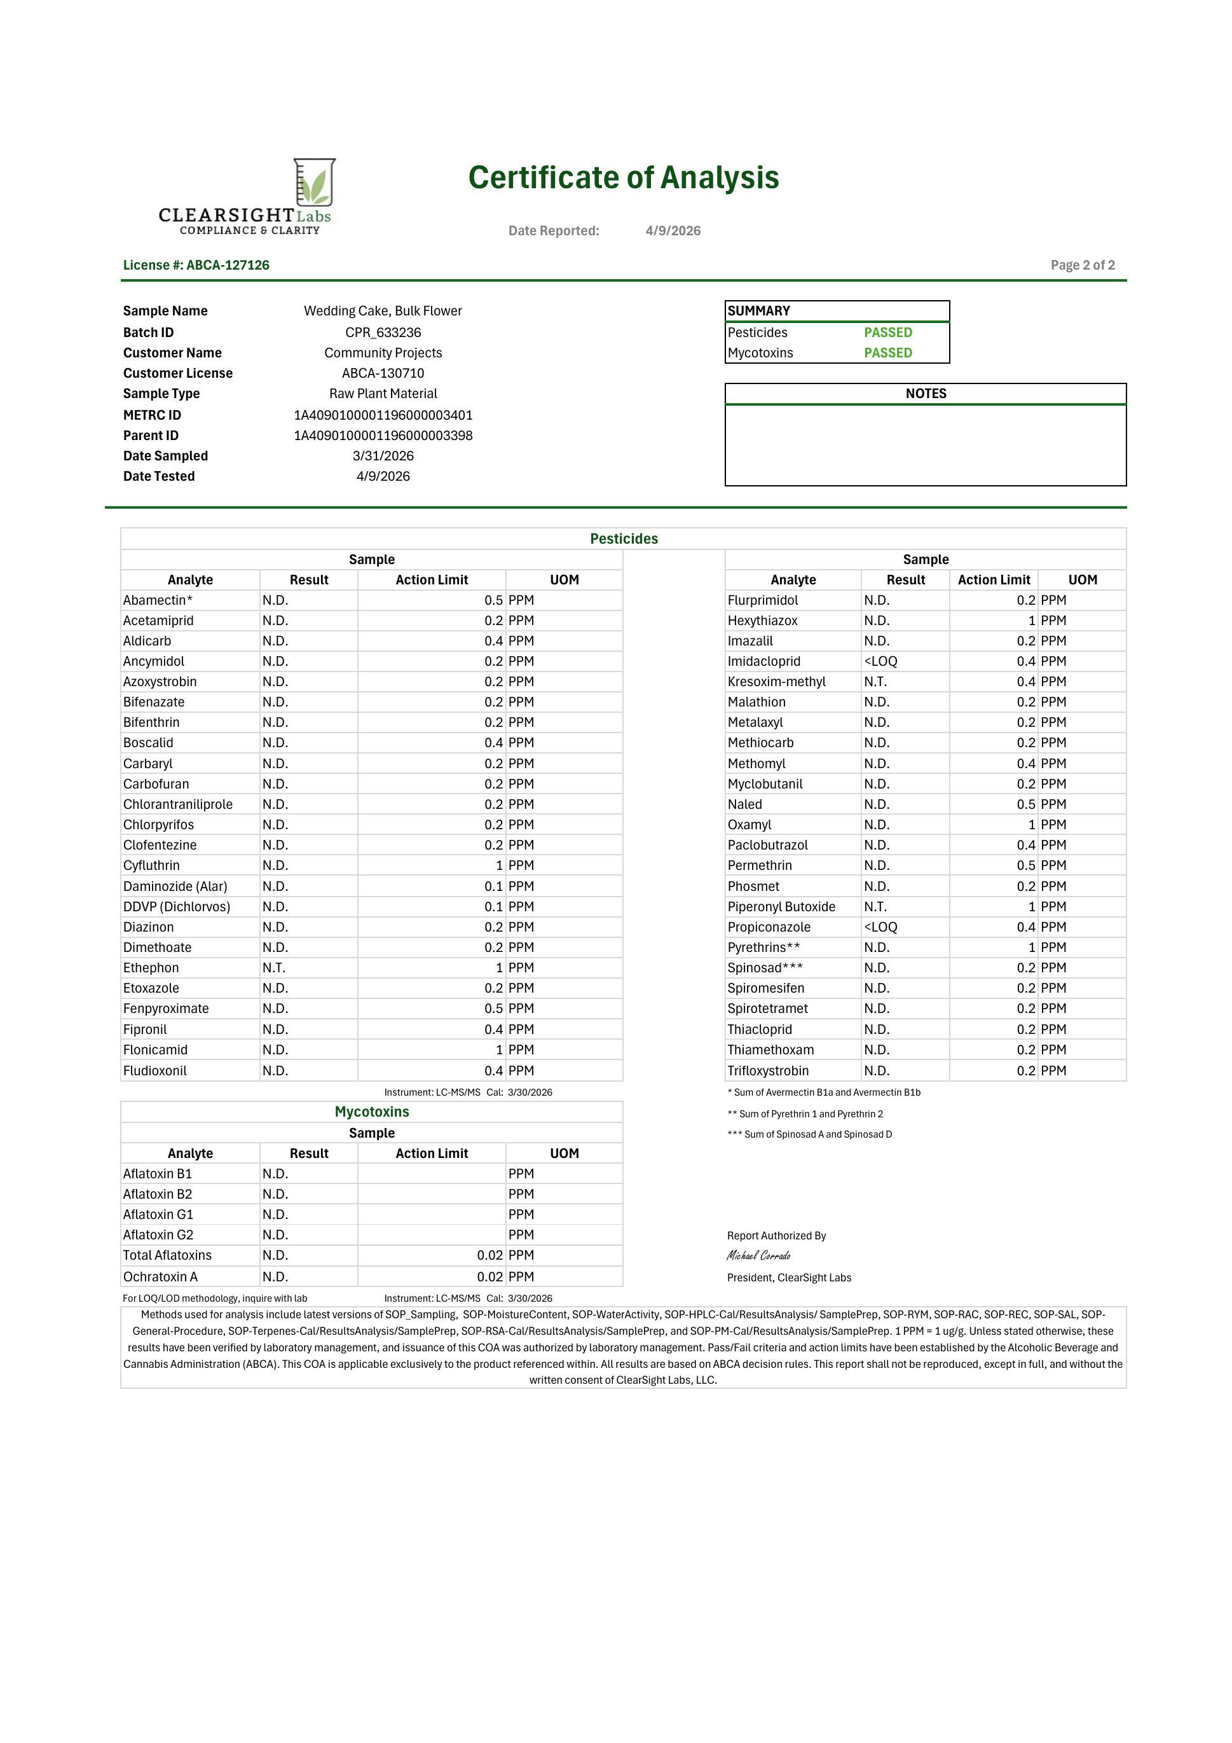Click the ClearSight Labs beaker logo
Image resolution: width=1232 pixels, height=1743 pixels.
click(314, 183)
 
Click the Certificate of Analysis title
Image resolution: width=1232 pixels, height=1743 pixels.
click(623, 177)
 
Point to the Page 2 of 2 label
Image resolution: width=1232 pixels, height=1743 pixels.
click(1083, 265)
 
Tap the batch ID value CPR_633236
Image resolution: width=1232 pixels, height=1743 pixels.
click(383, 333)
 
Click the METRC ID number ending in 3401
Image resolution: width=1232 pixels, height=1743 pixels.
click(383, 415)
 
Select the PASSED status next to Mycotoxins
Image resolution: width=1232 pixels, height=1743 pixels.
click(887, 353)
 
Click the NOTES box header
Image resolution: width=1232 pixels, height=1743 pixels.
click(926, 393)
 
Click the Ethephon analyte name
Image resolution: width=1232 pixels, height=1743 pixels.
click(151, 968)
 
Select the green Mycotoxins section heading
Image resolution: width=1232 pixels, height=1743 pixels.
click(371, 1112)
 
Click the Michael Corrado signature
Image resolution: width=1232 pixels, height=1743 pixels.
click(758, 1256)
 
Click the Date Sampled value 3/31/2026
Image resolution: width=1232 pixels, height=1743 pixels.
click(383, 456)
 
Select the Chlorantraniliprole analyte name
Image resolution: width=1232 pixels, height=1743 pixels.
click(177, 804)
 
